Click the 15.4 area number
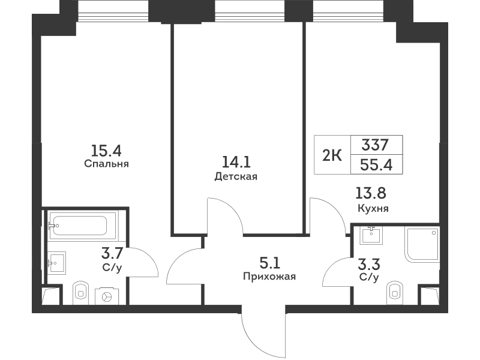[x=106, y=151]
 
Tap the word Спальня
[x=106, y=164]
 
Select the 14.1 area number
[x=236, y=162]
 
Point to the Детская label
[x=236, y=176]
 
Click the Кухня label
[x=373, y=208]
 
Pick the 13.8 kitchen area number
[x=371, y=193]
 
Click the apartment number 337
[x=375, y=145]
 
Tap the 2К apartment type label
[x=332, y=156]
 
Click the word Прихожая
[x=269, y=277]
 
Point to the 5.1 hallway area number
[x=269, y=263]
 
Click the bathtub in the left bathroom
[x=82, y=226]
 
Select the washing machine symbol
[x=107, y=296]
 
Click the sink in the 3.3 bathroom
[x=371, y=235]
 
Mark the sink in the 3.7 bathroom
[x=57, y=262]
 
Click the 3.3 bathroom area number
[x=369, y=264]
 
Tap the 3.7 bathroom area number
[x=112, y=254]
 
